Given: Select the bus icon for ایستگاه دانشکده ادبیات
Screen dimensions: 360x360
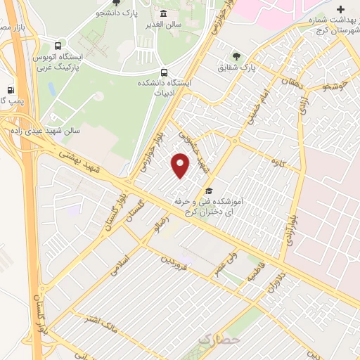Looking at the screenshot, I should (x=164, y=72).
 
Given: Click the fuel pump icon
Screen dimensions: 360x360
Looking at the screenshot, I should (x=10, y=90).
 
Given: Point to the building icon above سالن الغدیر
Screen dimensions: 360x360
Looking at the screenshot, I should (x=164, y=14).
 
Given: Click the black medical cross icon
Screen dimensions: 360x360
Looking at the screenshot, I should (x=341, y=10).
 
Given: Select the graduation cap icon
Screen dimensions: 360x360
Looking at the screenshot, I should (x=208, y=191).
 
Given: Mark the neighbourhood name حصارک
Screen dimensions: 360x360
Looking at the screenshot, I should (x=219, y=339).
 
